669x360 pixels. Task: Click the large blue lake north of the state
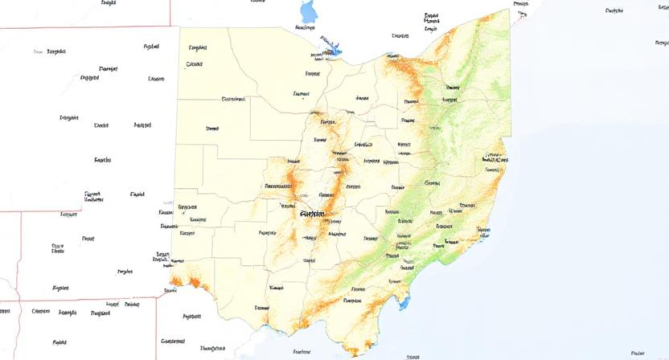[x=308, y=11]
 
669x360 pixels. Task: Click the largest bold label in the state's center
[x=312, y=214]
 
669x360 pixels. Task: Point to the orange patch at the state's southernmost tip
[x=351, y=351]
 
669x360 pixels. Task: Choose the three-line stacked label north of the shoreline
[x=431, y=22]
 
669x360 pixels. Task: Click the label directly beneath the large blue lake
[x=305, y=28]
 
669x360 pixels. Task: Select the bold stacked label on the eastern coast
[x=491, y=158]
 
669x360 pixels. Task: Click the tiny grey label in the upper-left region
[x=37, y=51]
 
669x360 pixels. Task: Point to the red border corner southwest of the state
[x=156, y=299]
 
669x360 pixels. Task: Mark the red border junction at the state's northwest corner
[x=179, y=27]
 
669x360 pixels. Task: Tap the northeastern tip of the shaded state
[x=510, y=10]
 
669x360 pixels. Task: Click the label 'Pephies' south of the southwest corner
[x=191, y=317]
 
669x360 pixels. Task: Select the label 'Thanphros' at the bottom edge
[x=212, y=348]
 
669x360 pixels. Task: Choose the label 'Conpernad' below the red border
[x=173, y=340]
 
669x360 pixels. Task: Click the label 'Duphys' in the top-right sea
[x=614, y=10]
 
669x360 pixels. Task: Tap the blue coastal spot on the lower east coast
[x=484, y=232]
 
